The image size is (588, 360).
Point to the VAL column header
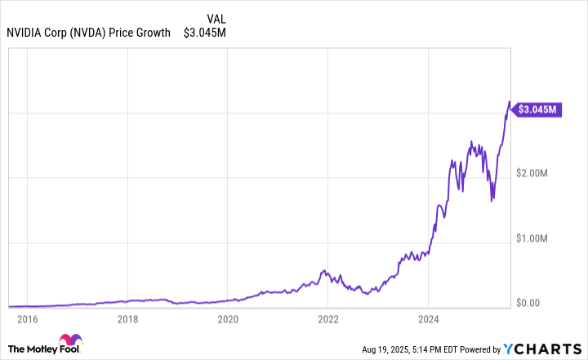tap(217, 18)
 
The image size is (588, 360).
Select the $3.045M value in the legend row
tap(205, 33)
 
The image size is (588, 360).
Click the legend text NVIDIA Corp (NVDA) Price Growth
tap(88, 33)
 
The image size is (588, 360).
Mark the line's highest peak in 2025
tap(510, 102)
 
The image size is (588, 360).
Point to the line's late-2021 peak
tap(324, 269)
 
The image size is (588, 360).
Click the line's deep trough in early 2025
tap(492, 200)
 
